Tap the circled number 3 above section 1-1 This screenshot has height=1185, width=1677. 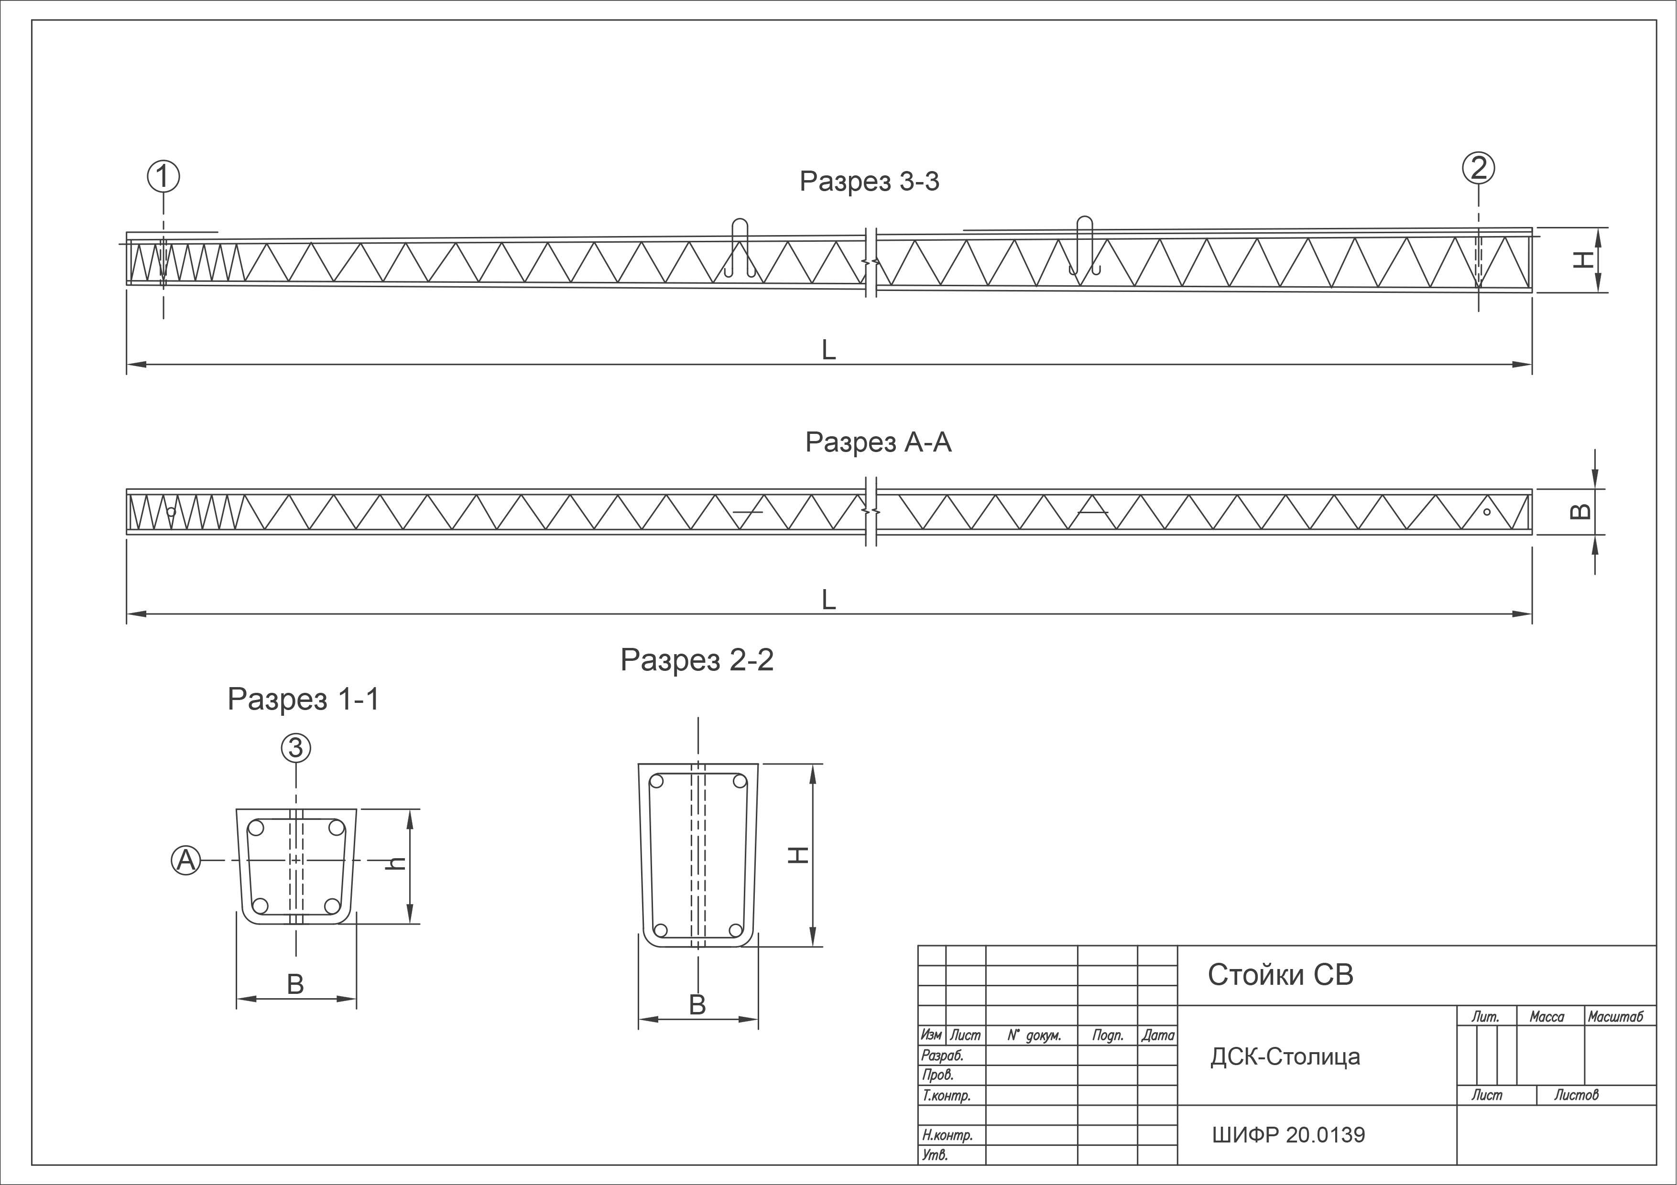[x=296, y=748]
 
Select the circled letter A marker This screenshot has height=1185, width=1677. [x=186, y=860]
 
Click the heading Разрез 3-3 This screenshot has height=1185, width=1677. [x=869, y=181]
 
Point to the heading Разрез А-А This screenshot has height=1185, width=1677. [x=878, y=442]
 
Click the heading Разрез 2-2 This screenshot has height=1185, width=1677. [x=697, y=660]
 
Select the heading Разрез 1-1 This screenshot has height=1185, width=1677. [x=304, y=700]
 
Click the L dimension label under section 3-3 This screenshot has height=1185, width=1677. [x=828, y=350]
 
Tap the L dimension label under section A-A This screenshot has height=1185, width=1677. [x=828, y=600]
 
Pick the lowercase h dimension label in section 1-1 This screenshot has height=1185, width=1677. [x=396, y=863]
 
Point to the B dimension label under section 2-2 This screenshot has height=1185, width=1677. [x=697, y=1005]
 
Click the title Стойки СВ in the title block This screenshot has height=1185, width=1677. [x=1280, y=975]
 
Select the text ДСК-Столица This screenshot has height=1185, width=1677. [x=1285, y=1056]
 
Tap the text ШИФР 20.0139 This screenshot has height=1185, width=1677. [x=1288, y=1135]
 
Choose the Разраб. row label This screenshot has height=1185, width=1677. [x=943, y=1055]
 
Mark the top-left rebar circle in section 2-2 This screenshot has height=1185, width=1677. [x=656, y=781]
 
